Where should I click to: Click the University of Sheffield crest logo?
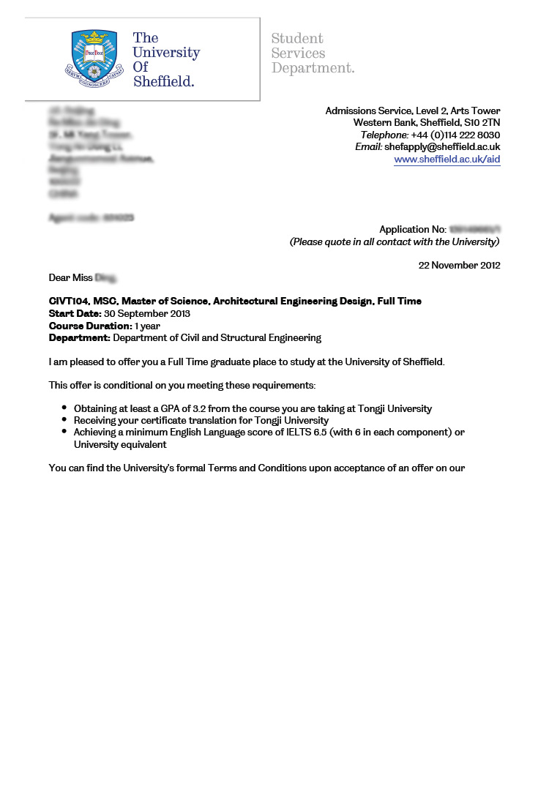click(94, 59)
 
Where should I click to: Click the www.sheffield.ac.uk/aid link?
click(447, 160)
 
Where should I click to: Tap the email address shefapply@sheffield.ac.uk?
click(442, 147)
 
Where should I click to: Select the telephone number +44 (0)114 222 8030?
click(455, 135)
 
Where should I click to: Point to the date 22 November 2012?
click(459, 266)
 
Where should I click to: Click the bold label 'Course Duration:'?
click(90, 326)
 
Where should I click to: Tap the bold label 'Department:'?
click(79, 338)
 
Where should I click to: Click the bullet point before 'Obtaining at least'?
click(65, 408)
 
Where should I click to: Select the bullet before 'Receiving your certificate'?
click(65, 420)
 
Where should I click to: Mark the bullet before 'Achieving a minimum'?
click(65, 432)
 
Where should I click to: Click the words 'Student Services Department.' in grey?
click(313, 53)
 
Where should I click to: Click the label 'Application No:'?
click(412, 230)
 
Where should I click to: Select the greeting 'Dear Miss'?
click(70, 278)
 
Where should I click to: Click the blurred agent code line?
click(91, 218)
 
